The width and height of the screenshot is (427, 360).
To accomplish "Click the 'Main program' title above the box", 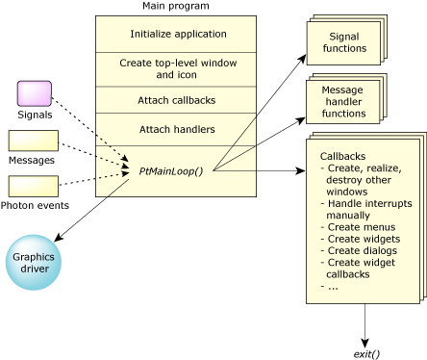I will point(175,7).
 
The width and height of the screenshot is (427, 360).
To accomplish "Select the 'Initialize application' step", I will point(175,34).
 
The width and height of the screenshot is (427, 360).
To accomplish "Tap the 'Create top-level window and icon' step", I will point(175,68).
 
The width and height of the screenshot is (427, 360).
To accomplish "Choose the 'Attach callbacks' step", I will point(175,99).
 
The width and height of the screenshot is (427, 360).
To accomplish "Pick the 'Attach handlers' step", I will point(175,129).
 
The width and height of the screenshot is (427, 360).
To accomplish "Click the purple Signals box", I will point(35,93).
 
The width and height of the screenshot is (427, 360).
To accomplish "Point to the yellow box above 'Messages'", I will point(34,141).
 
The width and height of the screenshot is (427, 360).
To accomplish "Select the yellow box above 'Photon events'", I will point(34,185).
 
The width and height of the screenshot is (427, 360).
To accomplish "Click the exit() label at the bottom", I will point(367,352).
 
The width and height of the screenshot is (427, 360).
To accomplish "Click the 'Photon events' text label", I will point(34,205).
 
